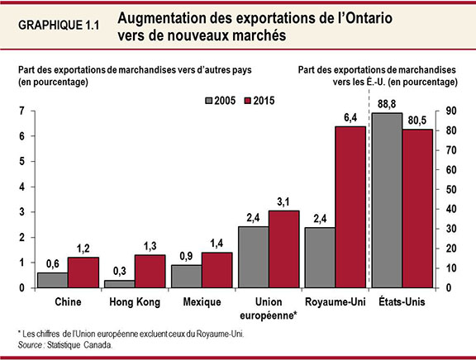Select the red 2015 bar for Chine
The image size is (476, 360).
point(82,272)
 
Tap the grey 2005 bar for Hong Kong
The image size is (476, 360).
point(119,284)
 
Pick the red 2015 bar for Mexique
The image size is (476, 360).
point(217,270)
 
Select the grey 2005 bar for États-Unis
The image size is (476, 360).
point(388,201)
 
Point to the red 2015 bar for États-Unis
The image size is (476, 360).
point(418,208)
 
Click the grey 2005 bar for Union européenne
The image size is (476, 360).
point(253,257)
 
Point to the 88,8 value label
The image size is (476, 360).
point(387,105)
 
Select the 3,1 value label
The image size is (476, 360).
point(283,202)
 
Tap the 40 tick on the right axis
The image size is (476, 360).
point(450,210)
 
